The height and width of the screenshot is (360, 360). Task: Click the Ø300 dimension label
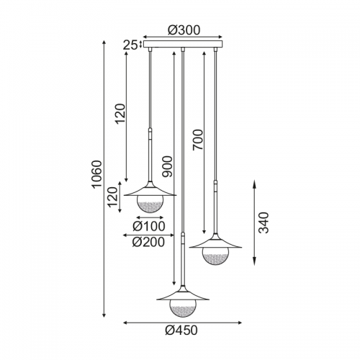click(184, 30)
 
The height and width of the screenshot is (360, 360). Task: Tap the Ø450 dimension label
click(181, 330)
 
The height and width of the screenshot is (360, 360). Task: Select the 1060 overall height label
click(98, 174)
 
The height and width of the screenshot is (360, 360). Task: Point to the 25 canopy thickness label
click(130, 45)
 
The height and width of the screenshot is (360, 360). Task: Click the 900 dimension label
click(167, 166)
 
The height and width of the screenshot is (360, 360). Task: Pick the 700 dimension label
click(198, 140)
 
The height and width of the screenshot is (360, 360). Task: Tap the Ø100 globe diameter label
click(149, 226)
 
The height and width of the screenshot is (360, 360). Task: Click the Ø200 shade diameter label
click(148, 242)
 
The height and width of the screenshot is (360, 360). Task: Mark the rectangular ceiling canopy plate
click(183, 44)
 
